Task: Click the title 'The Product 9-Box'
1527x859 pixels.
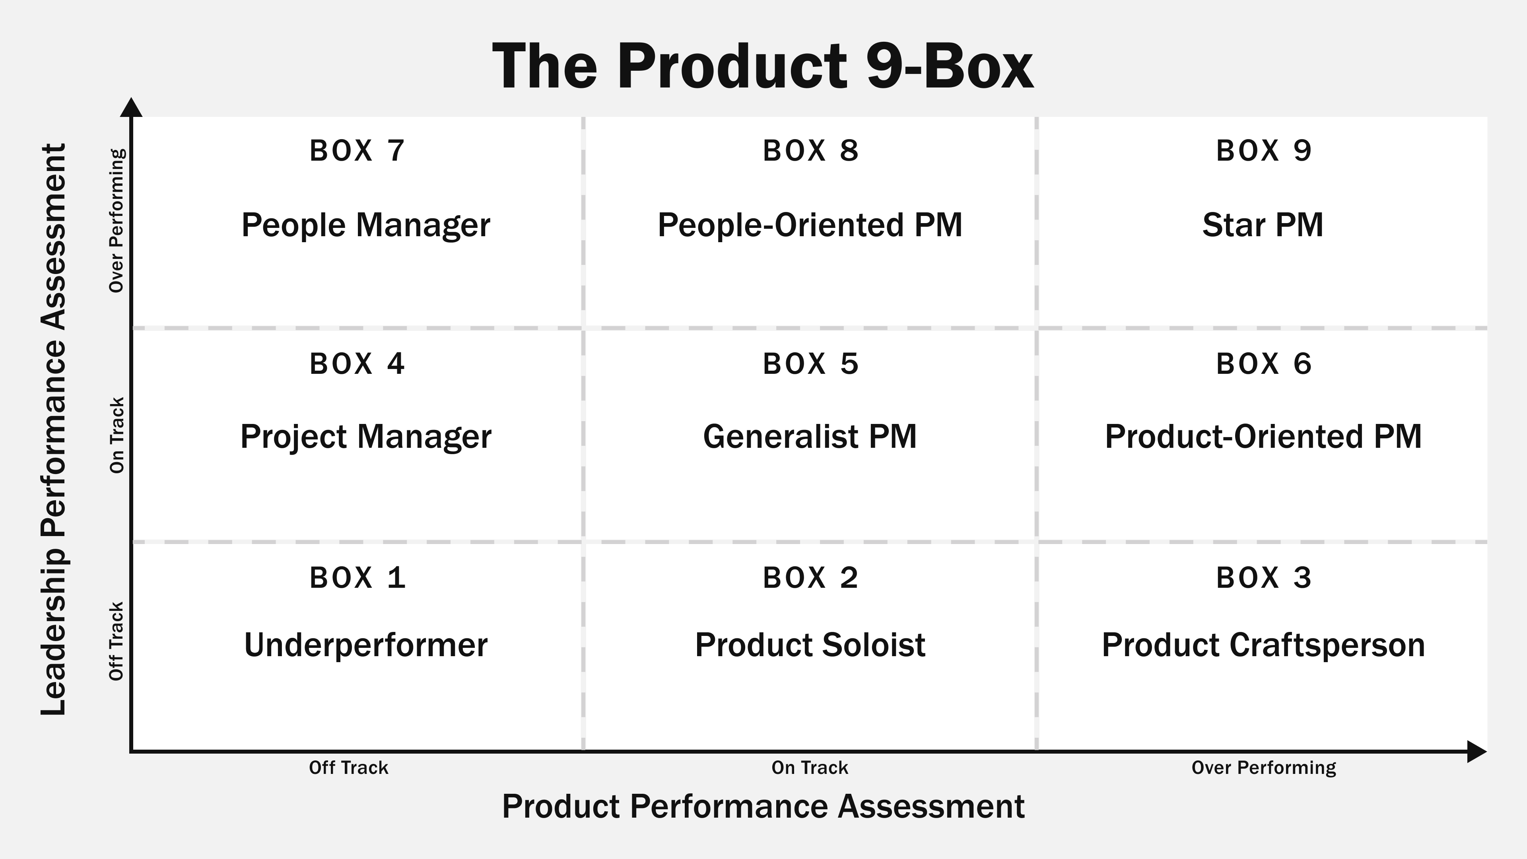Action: tap(763, 66)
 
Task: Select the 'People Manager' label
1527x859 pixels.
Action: tap(366, 225)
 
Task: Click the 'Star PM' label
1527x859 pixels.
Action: tap(1263, 225)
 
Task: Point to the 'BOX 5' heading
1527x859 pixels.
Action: tap(810, 364)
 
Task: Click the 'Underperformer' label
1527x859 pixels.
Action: tap(366, 645)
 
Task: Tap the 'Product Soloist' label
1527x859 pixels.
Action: tap(810, 645)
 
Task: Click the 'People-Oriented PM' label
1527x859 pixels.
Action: tap(810, 225)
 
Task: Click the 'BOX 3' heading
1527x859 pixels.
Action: tap(1264, 578)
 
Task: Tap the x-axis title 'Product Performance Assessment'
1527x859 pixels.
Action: tap(763, 806)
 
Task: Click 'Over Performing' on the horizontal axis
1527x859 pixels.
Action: tap(1264, 768)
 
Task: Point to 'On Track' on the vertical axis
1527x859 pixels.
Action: tap(117, 435)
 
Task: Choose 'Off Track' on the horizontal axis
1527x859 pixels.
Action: tap(349, 768)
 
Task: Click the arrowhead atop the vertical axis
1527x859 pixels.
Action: tap(131, 108)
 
